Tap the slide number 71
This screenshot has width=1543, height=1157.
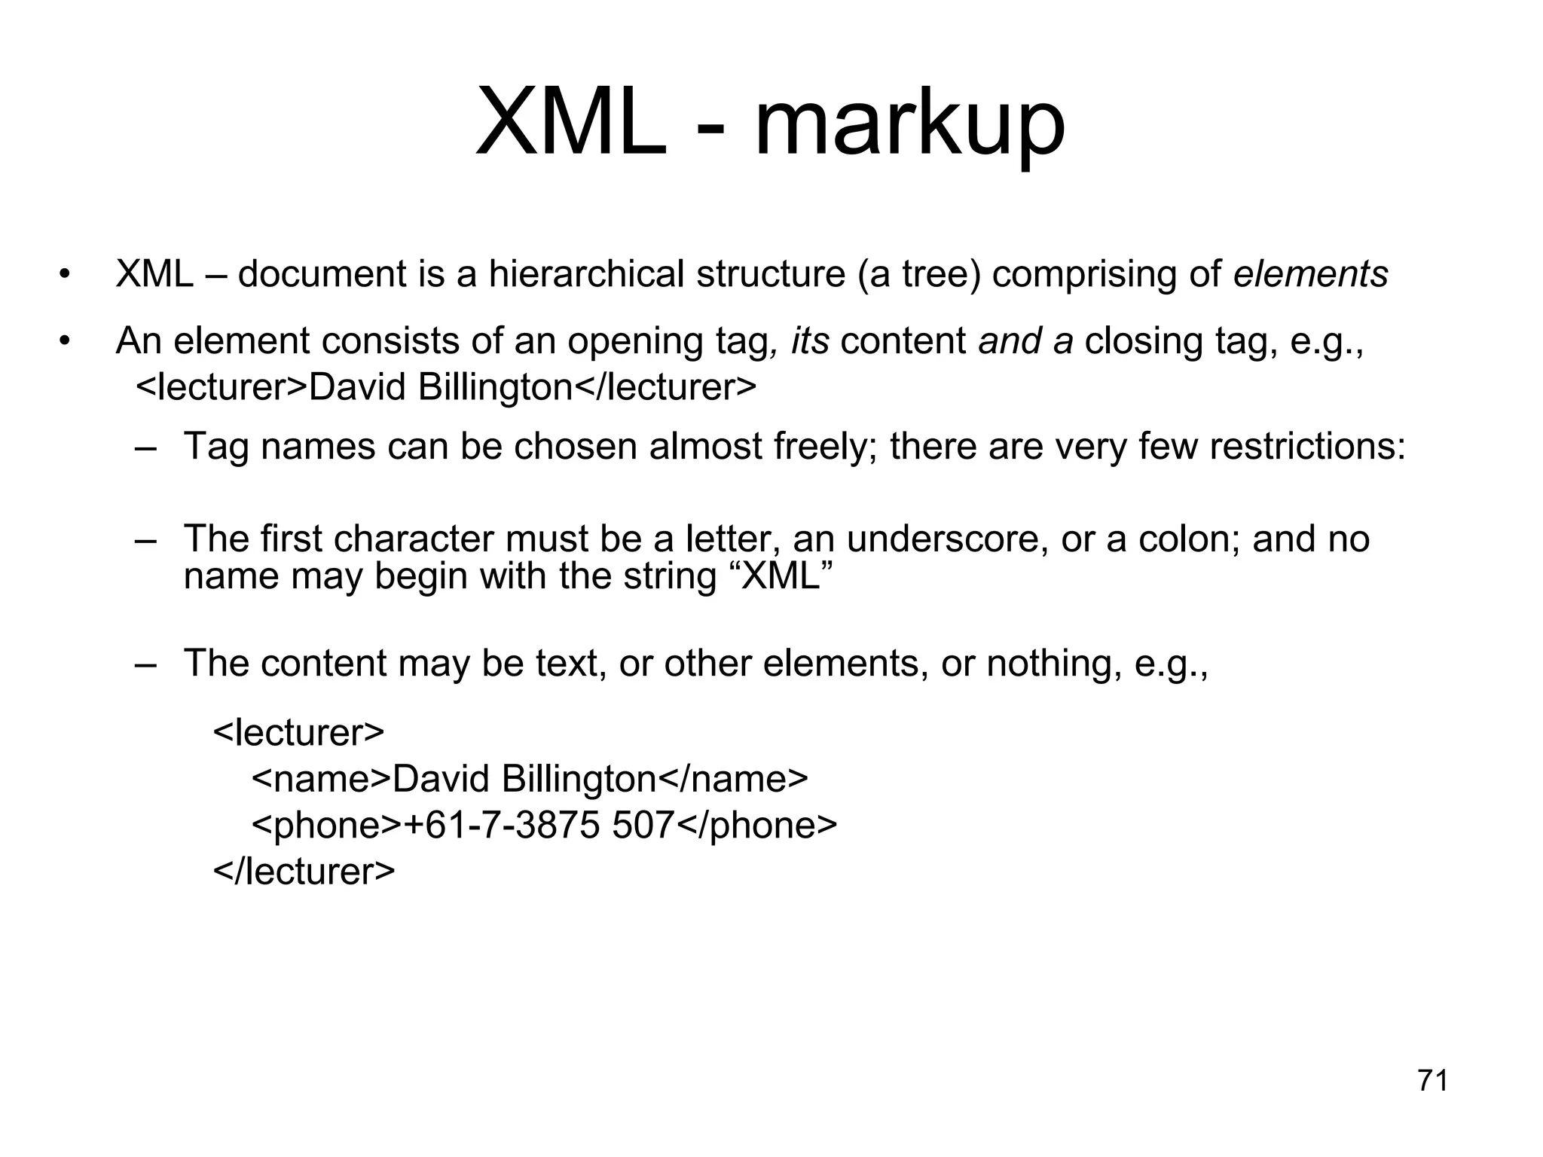click(x=1432, y=1081)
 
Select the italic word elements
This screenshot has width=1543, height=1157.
click(x=1310, y=274)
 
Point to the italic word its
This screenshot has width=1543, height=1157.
click(x=810, y=341)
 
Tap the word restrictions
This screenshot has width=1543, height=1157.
click(x=1307, y=447)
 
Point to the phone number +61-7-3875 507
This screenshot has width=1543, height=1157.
click(x=539, y=826)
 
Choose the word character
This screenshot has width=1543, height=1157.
click(x=414, y=539)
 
